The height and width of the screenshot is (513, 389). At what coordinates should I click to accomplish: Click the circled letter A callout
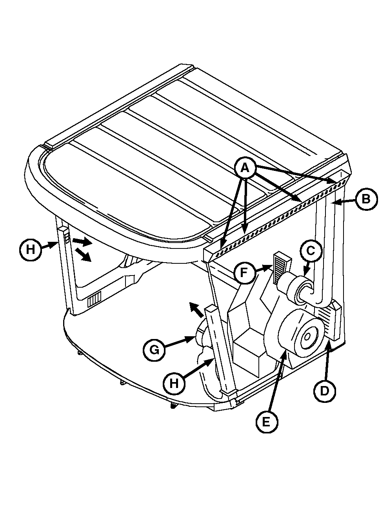click(x=244, y=168)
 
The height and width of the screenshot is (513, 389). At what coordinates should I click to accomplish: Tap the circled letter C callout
click(x=311, y=251)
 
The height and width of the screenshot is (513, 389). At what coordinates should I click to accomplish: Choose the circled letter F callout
click(x=244, y=272)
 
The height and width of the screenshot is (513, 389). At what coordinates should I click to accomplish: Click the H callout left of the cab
click(x=30, y=250)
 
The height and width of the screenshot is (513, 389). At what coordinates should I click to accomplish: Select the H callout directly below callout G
click(x=174, y=384)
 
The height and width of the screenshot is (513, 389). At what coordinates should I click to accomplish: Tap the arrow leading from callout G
click(x=179, y=343)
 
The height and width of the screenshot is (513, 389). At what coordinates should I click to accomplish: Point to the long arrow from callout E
click(x=278, y=383)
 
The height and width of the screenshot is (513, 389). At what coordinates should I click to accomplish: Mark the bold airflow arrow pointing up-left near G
click(x=196, y=309)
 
